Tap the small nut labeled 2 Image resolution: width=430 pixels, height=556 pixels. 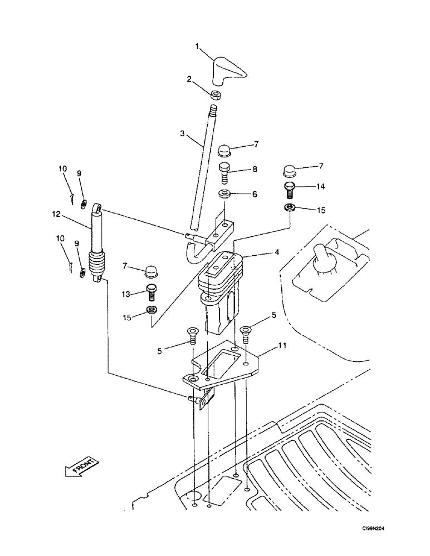[x=217, y=94]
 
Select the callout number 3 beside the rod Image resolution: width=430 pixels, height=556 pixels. [x=182, y=134]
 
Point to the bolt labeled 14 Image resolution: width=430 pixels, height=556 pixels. [x=289, y=190]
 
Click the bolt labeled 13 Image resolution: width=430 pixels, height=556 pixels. [x=150, y=291]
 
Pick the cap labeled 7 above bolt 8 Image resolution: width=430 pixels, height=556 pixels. [x=225, y=150]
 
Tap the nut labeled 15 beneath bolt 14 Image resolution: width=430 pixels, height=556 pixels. [x=289, y=208]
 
